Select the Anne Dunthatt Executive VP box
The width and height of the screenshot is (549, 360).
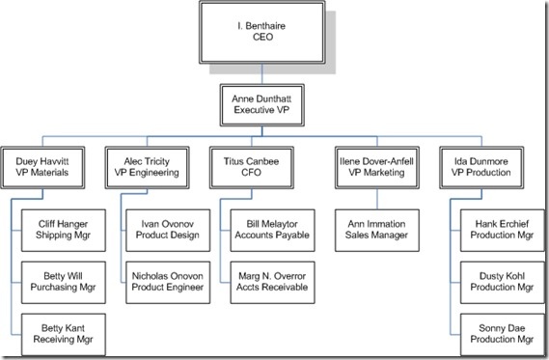click(x=261, y=103)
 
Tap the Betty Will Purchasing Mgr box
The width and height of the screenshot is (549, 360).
click(x=61, y=280)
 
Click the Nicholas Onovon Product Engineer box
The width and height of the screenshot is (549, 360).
click(x=164, y=280)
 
